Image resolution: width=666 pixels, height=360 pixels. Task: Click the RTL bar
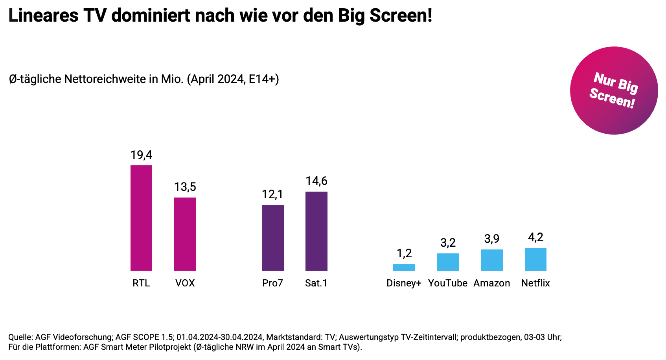click(141, 218)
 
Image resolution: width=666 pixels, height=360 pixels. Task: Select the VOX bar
click(185, 234)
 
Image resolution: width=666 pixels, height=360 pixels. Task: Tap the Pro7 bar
click(273, 238)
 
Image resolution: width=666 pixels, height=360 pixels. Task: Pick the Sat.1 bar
click(316, 231)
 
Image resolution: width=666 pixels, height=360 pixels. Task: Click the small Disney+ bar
click(404, 267)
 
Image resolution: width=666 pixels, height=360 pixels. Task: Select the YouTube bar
click(448, 262)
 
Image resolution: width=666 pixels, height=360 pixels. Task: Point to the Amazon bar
click(492, 260)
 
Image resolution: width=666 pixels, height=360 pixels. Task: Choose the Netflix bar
click(535, 259)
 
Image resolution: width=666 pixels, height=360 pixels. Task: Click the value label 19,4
click(141, 155)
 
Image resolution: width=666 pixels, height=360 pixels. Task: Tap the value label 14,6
click(316, 181)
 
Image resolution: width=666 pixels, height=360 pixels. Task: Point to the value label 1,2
click(404, 253)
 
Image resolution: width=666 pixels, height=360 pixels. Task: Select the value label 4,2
click(535, 237)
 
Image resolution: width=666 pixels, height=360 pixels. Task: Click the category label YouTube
click(448, 283)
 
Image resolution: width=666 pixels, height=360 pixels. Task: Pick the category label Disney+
click(404, 283)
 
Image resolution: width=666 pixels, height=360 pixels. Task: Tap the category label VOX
click(185, 283)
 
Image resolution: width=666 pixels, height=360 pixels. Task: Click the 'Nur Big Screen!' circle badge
click(614, 90)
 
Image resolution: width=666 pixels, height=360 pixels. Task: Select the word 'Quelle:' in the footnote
click(20, 337)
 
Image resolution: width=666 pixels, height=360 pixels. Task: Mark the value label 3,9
click(492, 239)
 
